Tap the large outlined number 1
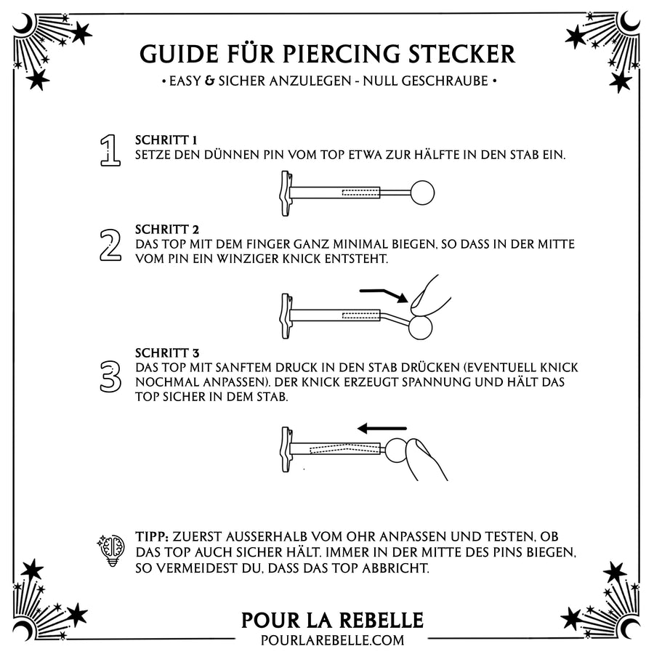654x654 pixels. point(110,150)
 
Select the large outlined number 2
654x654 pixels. point(109,244)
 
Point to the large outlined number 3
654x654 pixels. point(110,374)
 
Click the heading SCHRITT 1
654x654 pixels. point(166,140)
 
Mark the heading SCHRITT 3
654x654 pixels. point(167,352)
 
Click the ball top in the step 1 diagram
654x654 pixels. point(423,193)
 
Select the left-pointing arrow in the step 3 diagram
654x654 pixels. point(382,429)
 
